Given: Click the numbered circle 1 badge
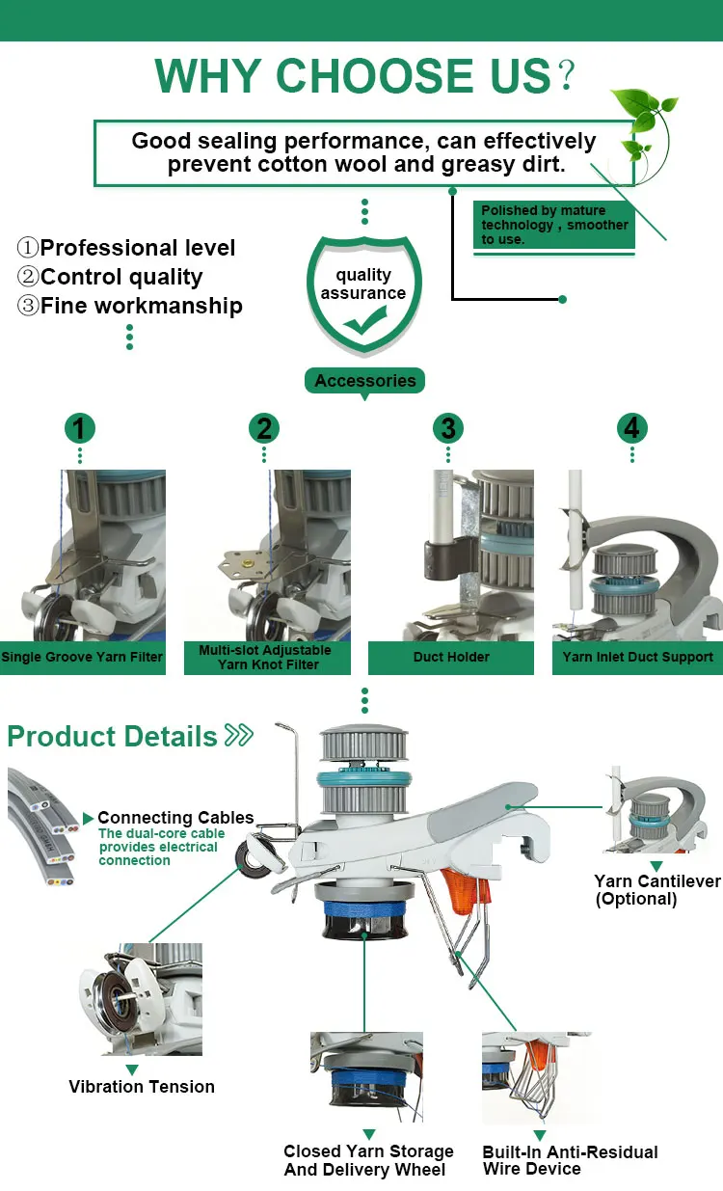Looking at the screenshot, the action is pos(80,428).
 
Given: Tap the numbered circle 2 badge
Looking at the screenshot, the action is pos(264,428).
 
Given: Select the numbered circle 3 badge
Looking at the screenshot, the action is pos(447,428).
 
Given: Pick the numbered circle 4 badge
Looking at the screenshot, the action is pos(631,428).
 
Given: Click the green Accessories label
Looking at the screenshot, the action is pos(364,381).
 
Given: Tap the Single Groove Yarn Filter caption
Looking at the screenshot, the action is pos(83,658).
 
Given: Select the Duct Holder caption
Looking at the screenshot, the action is pos(451,658).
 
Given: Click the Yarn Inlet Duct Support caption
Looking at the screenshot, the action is pos(637,658).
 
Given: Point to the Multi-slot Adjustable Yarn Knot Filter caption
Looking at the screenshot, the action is pos(265,657).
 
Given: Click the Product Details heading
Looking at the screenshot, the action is pos(113,737).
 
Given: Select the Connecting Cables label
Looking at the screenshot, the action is pos(175,818).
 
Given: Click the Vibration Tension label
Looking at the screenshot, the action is pos(142,1087).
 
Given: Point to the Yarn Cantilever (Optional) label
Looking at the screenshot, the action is pos(656,889).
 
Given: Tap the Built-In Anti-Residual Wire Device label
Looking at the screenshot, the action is pos(570,1160).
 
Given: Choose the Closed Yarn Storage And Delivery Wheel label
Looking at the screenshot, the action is pos(368,1160).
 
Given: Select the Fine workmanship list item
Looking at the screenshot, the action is pos(141,307).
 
